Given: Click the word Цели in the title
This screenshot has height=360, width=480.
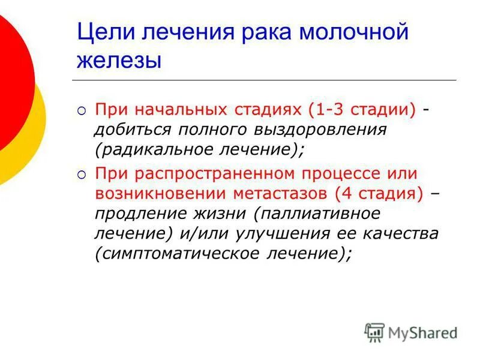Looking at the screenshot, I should pos(103,32).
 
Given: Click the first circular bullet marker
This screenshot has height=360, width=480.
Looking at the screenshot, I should pos(82,111).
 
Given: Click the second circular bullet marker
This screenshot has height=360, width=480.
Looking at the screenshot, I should pos(82,175).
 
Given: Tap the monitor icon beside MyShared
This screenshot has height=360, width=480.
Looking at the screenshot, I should pos(374,332).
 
